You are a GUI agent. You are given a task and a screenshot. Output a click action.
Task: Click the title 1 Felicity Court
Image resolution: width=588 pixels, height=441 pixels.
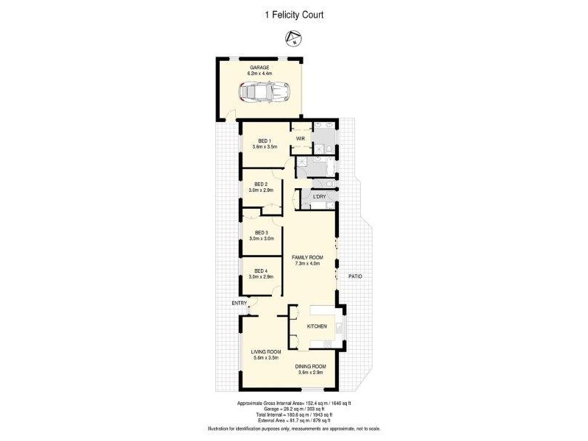click(x=293, y=14)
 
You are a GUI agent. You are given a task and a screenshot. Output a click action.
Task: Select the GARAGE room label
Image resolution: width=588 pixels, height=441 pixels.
click(x=259, y=67)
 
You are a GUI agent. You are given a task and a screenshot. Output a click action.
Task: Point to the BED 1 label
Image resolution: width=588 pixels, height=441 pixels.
click(x=262, y=141)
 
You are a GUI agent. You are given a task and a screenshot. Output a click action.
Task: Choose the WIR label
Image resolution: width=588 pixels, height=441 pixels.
click(x=300, y=138)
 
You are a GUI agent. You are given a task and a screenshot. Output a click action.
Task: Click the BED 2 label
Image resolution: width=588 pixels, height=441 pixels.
click(x=262, y=184)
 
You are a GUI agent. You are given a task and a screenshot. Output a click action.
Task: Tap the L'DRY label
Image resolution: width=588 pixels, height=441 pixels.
click(x=319, y=197)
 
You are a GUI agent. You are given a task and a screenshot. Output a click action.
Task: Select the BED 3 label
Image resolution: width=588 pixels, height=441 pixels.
click(x=262, y=232)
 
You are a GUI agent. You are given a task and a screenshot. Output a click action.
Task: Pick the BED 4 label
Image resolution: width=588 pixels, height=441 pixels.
click(x=262, y=270)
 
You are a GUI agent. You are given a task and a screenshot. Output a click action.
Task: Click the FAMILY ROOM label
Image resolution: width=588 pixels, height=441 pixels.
click(x=307, y=257)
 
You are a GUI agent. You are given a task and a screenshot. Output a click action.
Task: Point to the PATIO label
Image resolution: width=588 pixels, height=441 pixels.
click(x=355, y=276)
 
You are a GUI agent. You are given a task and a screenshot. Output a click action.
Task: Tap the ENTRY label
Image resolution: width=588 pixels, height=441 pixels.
click(x=240, y=303)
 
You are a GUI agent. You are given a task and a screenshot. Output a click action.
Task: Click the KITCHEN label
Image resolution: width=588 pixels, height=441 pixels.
click(x=316, y=326)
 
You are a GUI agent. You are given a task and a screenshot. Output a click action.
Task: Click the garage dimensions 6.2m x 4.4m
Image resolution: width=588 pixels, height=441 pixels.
click(x=259, y=73)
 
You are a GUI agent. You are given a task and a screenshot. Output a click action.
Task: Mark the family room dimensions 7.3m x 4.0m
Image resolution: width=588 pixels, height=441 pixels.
click(x=307, y=263)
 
